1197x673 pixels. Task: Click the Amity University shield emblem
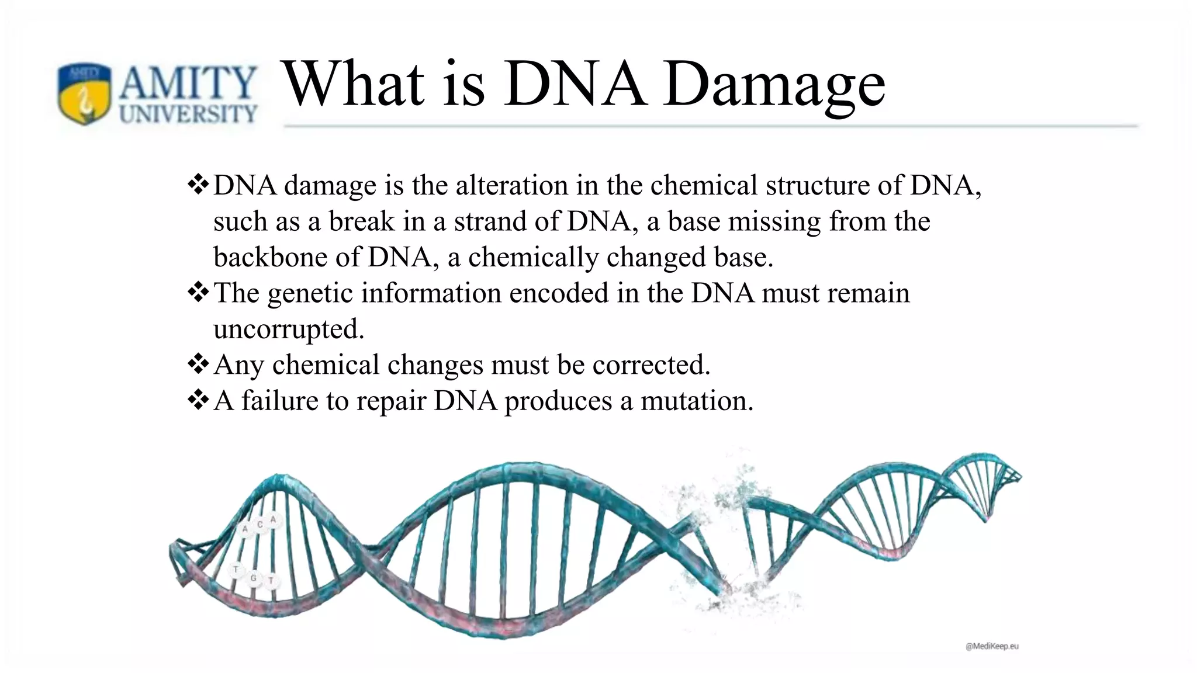tap(84, 93)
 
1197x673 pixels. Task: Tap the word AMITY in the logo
tap(188, 84)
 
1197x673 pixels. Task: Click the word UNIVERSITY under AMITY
tap(188, 113)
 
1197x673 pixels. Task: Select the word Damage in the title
tap(774, 85)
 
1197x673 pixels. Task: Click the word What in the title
tap(354, 85)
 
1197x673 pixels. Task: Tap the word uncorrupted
tap(288, 329)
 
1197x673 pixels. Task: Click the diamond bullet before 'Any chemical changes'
tap(198, 364)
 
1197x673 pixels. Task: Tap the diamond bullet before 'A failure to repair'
tap(198, 400)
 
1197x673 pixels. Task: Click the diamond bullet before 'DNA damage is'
tap(198, 185)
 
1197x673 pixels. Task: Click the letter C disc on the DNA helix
tap(260, 525)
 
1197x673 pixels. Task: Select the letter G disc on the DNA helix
tap(253, 578)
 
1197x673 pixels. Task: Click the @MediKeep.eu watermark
tap(992, 646)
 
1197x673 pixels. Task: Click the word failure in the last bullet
tap(274, 401)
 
